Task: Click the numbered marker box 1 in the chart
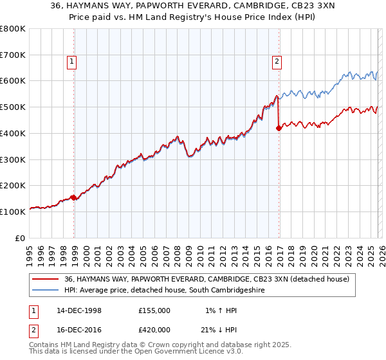[x=71, y=62]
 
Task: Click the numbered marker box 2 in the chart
[x=277, y=62]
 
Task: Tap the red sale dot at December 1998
[x=74, y=197]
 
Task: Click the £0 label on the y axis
[x=20, y=237]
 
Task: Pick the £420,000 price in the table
[x=154, y=329]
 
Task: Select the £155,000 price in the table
[x=154, y=310]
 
